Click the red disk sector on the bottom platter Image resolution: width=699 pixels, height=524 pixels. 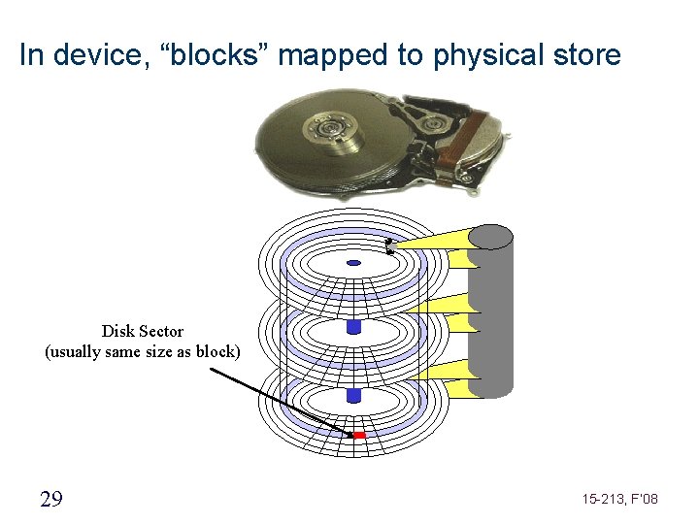click(358, 435)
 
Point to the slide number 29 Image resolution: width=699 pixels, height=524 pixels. click(50, 499)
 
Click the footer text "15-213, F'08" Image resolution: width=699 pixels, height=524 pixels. click(620, 499)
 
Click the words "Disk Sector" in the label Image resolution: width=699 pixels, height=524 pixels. click(143, 331)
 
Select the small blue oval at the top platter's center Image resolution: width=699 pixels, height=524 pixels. click(353, 263)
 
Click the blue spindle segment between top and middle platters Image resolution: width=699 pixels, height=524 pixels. click(353, 326)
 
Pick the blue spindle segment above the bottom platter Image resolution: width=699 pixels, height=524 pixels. click(353, 395)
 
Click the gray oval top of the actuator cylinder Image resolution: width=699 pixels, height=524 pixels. click(490, 236)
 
